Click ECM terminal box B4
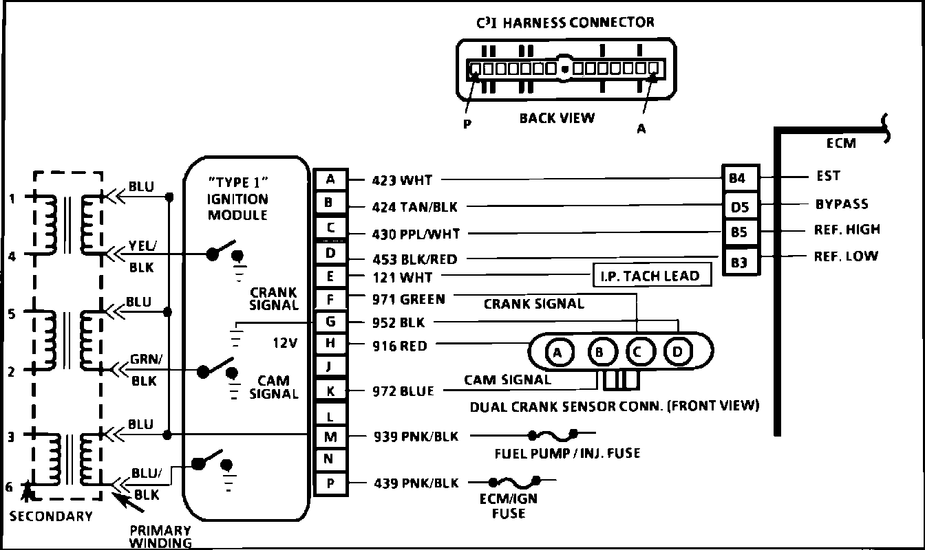737,178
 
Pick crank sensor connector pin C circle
638,353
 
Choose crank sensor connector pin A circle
559,353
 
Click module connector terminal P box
330,483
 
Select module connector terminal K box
330,391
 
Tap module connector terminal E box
330,277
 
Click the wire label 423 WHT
402,181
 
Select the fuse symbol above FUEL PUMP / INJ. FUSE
552,435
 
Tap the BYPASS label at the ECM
841,204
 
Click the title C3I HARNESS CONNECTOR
565,23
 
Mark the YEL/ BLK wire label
142,256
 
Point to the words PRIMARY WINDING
160,536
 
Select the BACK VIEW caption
557,118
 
